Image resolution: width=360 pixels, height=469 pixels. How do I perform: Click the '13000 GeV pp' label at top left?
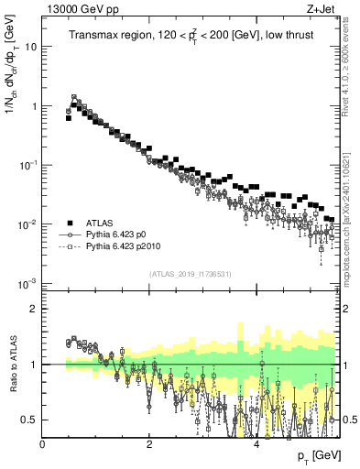pos(76,10)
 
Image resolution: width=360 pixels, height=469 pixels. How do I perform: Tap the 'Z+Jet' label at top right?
pos(322,10)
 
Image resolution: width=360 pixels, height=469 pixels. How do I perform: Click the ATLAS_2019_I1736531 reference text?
pos(191,274)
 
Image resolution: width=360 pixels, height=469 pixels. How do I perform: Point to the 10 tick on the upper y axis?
pos(31,47)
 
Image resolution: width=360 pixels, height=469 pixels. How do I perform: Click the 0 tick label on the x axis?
pos(43,444)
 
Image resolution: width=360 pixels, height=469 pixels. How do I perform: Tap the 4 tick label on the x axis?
pos(256,444)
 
